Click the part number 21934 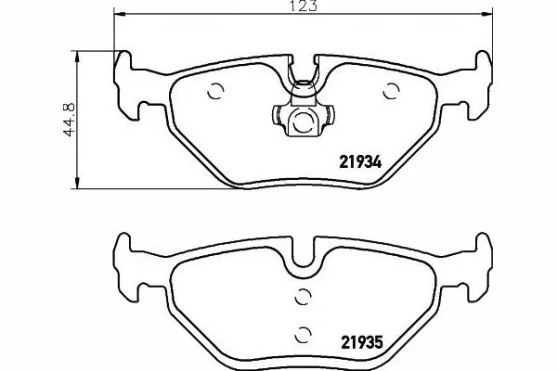[x=360, y=162]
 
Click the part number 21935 [x=362, y=342]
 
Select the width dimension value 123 [x=304, y=6]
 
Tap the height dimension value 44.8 [x=69, y=120]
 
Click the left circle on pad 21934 [x=215, y=91]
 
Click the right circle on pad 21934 [x=391, y=91]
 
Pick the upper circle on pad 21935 [x=303, y=297]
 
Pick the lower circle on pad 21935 [x=303, y=335]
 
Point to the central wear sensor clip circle [x=303, y=121]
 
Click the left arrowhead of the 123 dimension [x=120, y=14]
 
